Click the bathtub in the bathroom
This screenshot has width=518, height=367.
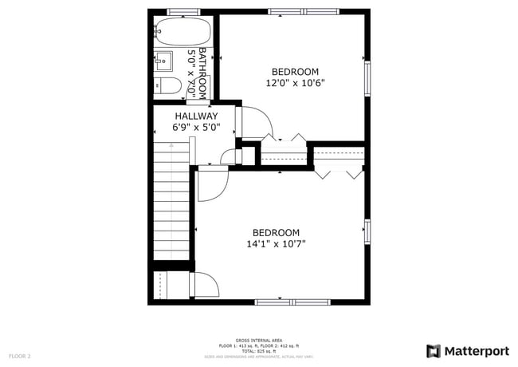coord(182,32)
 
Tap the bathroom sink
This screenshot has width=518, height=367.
coord(163,59)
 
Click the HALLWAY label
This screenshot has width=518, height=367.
coord(195,116)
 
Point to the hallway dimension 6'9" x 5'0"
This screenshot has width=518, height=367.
coord(195,127)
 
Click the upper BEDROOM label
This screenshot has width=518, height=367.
coord(295,71)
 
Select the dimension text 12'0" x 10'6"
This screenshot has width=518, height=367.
coord(295,82)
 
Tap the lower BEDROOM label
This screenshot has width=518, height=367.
coord(276,232)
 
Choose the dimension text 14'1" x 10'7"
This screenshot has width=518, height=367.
coord(276,244)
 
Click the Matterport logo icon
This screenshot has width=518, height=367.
coord(434,351)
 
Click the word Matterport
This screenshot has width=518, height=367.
coord(476,351)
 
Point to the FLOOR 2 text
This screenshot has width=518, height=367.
coord(20,356)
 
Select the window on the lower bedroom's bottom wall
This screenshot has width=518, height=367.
coord(293,301)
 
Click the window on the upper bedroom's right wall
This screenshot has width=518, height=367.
coord(367,77)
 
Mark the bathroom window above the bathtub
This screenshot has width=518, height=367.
coord(182,12)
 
